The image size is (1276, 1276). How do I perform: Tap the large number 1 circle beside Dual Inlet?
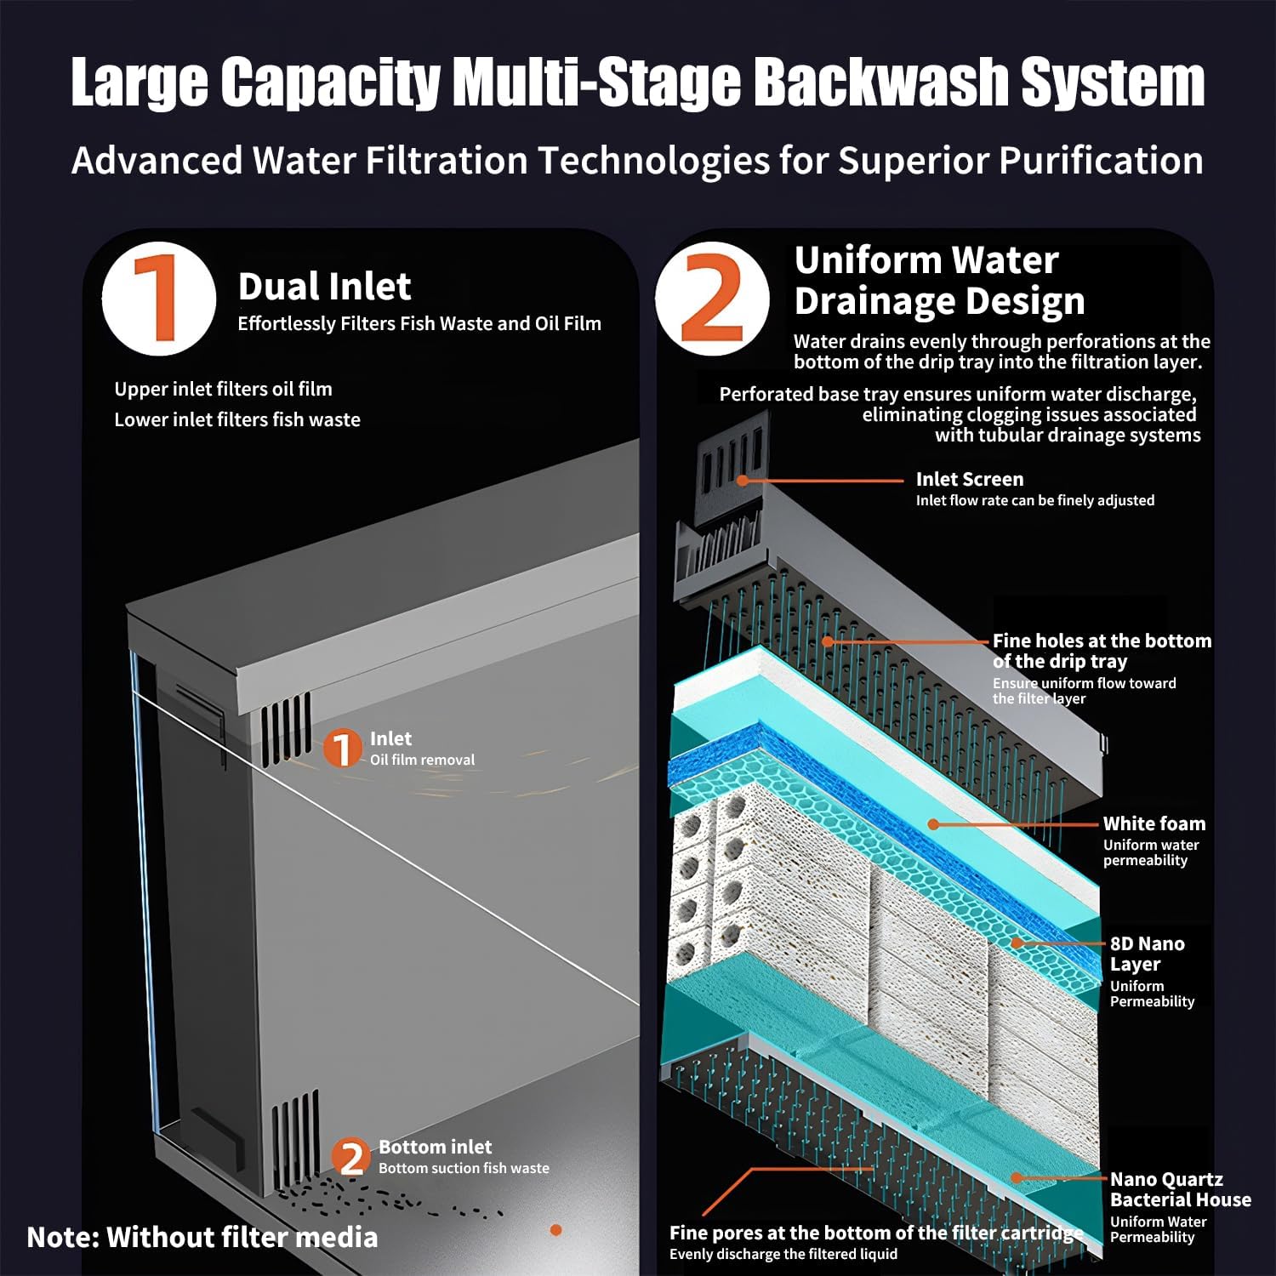pyautogui.click(x=159, y=299)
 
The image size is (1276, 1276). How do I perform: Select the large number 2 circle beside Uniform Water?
pyautogui.click(x=713, y=299)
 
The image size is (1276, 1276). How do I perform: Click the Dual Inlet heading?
pyautogui.click(x=324, y=287)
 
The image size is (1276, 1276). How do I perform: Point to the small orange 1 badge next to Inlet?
pyautogui.click(x=342, y=749)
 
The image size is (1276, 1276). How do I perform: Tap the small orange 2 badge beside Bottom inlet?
pyautogui.click(x=351, y=1158)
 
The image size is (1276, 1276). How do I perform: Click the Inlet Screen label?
pyautogui.click(x=969, y=479)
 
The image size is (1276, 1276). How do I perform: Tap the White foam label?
pyautogui.click(x=1154, y=823)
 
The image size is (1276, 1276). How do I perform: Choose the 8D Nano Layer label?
pyautogui.click(x=1146, y=954)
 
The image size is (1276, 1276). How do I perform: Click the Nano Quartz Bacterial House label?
pyautogui.click(x=1179, y=1189)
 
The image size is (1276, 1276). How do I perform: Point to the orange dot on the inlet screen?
pyautogui.click(x=743, y=481)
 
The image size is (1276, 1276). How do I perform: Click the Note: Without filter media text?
pyautogui.click(x=202, y=1237)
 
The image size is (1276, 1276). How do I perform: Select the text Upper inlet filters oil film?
pyautogui.click(x=223, y=389)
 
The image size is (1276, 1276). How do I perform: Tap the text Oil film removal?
pyautogui.click(x=422, y=760)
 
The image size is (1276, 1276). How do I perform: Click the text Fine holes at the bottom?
pyautogui.click(x=1101, y=641)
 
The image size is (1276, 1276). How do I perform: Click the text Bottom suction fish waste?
pyautogui.click(x=464, y=1169)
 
